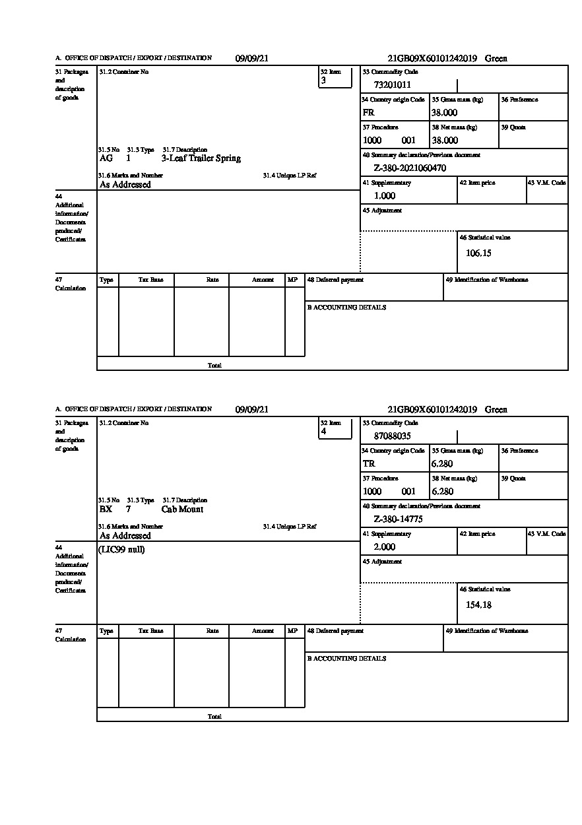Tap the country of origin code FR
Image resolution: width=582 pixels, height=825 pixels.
(x=368, y=113)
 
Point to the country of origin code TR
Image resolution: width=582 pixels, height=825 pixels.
(x=369, y=464)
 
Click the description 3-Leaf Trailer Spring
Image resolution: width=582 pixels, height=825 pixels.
(x=201, y=158)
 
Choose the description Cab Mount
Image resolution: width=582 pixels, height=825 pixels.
(x=182, y=510)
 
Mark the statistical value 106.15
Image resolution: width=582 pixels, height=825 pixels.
(x=478, y=253)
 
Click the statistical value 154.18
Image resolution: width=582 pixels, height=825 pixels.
(x=478, y=605)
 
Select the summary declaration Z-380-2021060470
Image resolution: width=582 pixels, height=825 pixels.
(x=410, y=168)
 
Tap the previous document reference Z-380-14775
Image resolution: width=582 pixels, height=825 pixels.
(x=398, y=519)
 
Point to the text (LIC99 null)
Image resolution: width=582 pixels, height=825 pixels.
(x=121, y=550)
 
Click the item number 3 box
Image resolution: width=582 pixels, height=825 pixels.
(x=335, y=77)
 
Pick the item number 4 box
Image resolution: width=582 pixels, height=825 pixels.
(x=335, y=428)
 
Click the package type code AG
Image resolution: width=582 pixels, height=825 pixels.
(x=106, y=158)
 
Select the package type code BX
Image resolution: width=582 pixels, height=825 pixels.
(x=106, y=510)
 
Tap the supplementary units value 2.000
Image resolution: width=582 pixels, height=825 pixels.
(x=385, y=547)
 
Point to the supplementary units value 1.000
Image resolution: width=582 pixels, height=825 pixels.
(x=385, y=196)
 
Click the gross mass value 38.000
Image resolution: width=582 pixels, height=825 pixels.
(x=444, y=113)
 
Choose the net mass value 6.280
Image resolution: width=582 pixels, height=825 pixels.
(x=442, y=492)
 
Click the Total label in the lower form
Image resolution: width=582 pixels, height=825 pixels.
(x=214, y=716)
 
